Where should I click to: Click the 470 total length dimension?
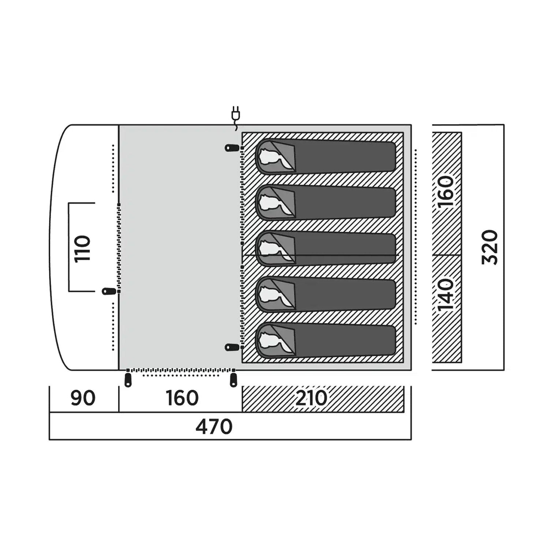(x=214, y=426)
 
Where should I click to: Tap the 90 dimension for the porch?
(x=83, y=398)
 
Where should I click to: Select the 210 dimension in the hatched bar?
(x=311, y=398)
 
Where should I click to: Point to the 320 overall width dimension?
(x=490, y=247)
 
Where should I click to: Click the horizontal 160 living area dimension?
(x=182, y=398)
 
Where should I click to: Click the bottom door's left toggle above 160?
(x=128, y=379)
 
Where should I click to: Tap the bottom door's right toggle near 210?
(x=232, y=379)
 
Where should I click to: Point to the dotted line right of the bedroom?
(x=416, y=237)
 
